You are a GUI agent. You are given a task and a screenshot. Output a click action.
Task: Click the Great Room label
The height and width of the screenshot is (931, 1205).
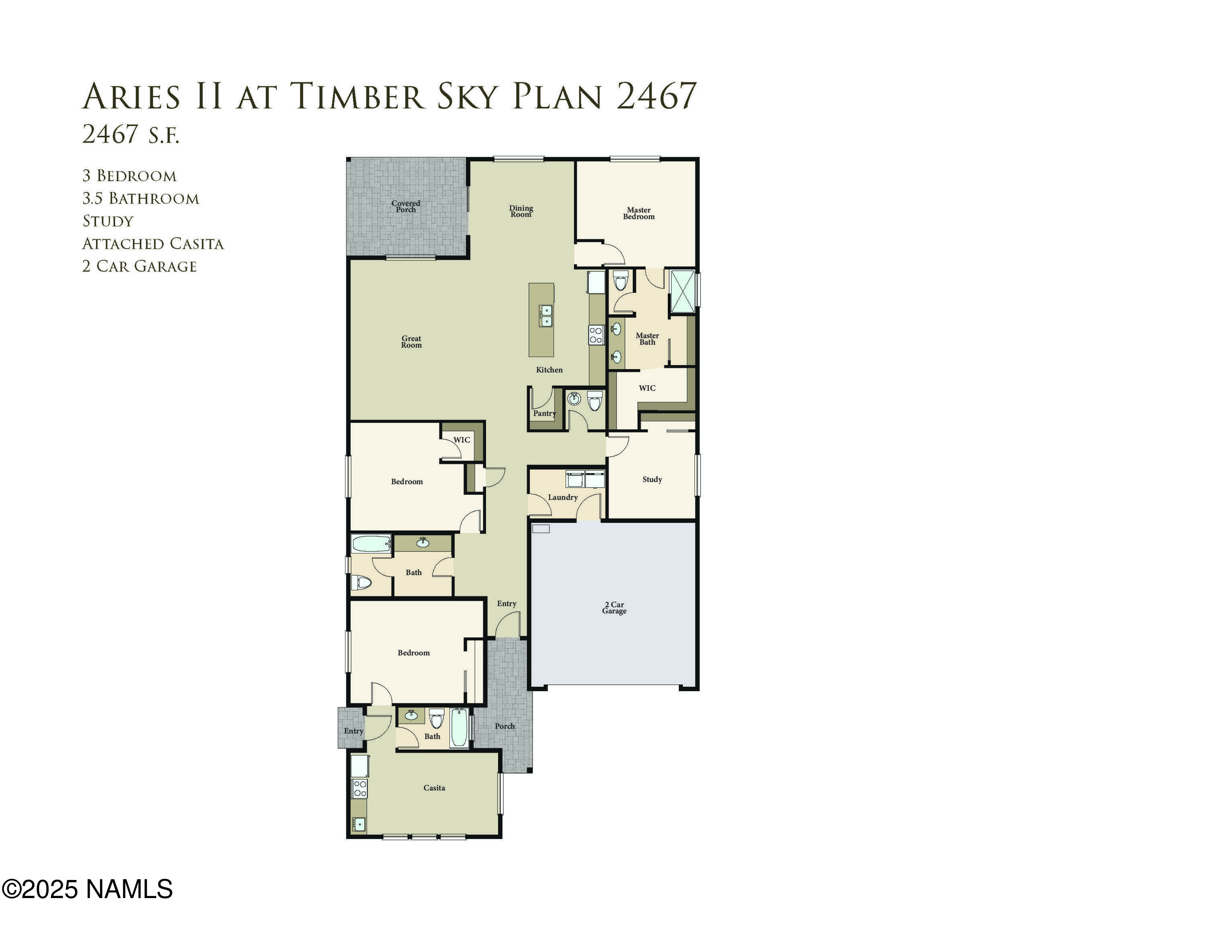[x=411, y=342]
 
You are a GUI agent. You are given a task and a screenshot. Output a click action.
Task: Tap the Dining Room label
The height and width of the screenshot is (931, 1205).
[x=521, y=211]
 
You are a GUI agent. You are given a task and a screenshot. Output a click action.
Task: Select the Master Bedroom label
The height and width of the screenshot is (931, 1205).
[x=638, y=213]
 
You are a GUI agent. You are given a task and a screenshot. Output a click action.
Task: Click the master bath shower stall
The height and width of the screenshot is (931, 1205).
[x=682, y=292]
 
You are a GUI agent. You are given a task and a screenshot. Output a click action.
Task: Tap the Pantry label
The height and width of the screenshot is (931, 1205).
[x=544, y=413]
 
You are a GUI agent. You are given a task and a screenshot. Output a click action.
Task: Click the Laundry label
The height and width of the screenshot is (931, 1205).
[x=562, y=497]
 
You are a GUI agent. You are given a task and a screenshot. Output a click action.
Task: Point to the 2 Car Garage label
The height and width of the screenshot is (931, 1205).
[x=614, y=607]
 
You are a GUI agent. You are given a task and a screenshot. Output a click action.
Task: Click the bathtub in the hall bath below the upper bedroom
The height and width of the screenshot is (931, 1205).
[x=371, y=544]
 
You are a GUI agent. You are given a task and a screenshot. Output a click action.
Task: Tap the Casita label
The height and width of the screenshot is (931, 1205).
[x=434, y=788]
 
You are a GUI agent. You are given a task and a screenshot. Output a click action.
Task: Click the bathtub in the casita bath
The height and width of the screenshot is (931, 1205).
[x=459, y=729]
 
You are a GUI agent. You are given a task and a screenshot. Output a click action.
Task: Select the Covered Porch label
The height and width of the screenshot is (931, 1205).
[x=406, y=206]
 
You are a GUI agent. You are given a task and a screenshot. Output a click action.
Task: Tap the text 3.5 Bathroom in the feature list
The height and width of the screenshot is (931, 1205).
[x=141, y=198]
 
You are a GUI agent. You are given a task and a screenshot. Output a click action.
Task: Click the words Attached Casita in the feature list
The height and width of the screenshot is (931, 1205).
[x=153, y=244]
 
